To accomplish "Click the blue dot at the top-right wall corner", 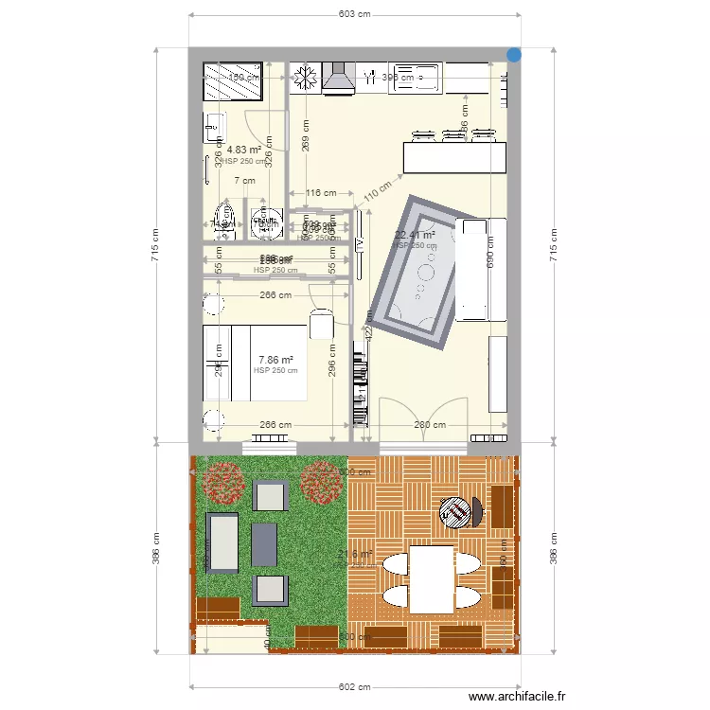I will [x=513, y=55].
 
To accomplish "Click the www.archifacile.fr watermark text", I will [x=517, y=697].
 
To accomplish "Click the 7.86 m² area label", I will [x=275, y=360].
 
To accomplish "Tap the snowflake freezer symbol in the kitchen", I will [x=305, y=76].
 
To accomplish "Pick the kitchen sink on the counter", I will [x=415, y=76].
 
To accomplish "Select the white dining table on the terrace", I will [x=432, y=577].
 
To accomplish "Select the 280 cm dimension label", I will [x=430, y=425].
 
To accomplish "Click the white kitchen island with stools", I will [x=453, y=156].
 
